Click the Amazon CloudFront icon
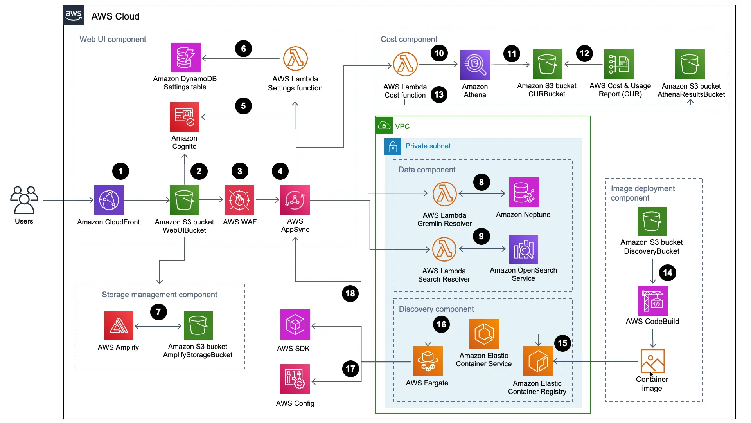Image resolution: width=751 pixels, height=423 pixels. click(109, 200)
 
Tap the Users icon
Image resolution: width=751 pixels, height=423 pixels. click(24, 200)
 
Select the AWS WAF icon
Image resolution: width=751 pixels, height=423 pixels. click(239, 200)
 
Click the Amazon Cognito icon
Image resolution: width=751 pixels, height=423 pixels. click(185, 117)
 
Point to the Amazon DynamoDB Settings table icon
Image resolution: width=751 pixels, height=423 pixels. click(186, 58)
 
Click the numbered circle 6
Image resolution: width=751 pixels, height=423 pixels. click(243, 49)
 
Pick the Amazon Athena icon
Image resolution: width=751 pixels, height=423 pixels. click(475, 65)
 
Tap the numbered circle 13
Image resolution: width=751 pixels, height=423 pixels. click(439, 94)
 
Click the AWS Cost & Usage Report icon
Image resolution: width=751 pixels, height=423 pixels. click(619, 64)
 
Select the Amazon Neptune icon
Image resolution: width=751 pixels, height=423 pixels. click(524, 192)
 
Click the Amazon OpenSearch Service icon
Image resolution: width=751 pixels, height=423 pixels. click(524, 249)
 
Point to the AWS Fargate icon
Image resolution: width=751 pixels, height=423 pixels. click(428, 361)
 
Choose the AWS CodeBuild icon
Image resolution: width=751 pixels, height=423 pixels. click(652, 301)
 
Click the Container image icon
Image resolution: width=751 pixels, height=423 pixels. click(652, 361)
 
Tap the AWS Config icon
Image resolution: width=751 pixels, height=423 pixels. click(295, 379)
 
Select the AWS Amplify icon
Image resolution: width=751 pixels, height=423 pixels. click(119, 325)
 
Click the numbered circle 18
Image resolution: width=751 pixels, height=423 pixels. click(350, 293)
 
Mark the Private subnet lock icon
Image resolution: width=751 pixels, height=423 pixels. click(393, 147)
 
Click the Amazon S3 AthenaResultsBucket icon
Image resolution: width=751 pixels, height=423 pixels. click(690, 64)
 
